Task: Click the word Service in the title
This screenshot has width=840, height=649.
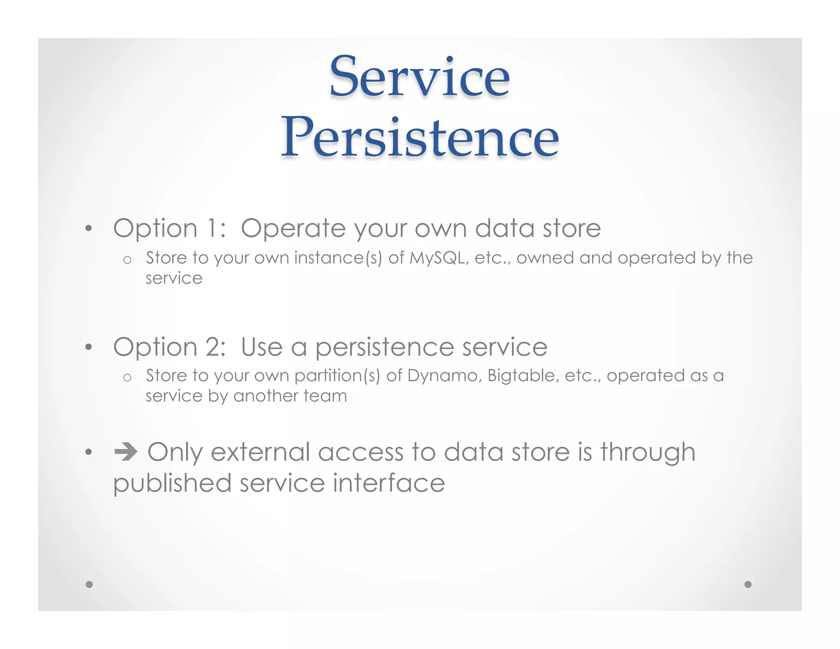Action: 420,77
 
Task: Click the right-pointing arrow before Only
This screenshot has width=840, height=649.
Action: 126,452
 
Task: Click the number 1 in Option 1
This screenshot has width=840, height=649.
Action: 212,228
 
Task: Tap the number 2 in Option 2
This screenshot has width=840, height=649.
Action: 215,347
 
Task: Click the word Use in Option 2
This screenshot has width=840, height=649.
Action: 261,347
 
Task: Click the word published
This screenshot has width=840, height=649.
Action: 172,484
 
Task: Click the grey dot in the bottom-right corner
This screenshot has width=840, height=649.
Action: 748,584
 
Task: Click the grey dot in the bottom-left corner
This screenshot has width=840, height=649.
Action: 89,584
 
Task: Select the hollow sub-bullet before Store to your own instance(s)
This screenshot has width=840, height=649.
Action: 127,260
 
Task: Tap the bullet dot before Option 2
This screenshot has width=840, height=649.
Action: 89,347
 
